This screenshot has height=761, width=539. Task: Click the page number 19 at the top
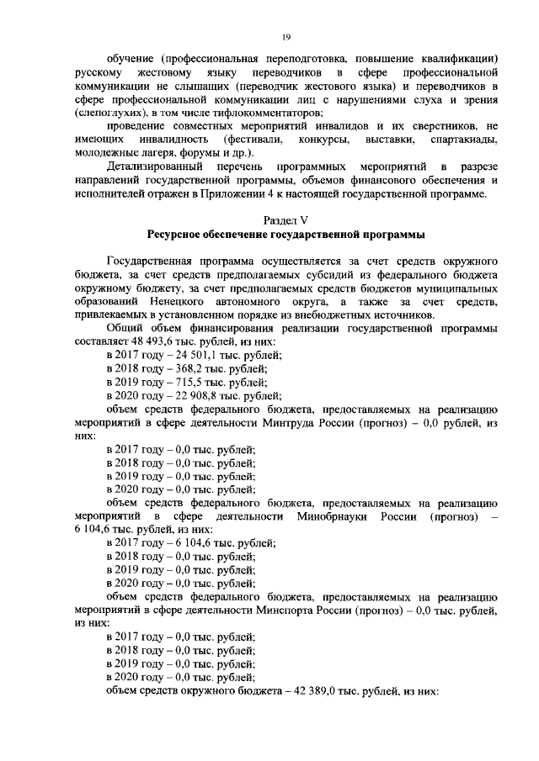click(x=286, y=36)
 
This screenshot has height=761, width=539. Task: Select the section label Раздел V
click(x=286, y=219)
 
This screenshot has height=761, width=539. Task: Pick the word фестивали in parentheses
click(x=253, y=137)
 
